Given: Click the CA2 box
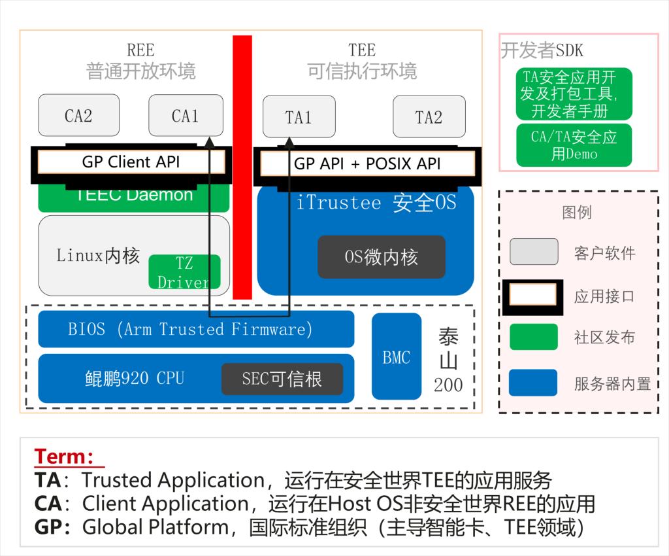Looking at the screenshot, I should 78,116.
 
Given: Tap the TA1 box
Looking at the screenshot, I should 299,117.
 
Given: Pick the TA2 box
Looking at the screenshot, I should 429,117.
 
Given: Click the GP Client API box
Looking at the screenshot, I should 131,162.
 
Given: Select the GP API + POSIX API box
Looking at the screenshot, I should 367,164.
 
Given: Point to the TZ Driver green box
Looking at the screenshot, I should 184,272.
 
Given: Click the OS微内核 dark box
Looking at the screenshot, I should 381,257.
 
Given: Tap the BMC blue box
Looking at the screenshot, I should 397,356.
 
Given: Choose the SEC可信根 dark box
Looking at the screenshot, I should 282,379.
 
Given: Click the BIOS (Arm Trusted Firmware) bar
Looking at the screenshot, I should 196,329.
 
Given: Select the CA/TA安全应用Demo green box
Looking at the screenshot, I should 574,145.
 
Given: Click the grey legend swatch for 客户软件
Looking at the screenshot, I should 534,252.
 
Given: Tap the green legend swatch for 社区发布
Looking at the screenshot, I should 534,337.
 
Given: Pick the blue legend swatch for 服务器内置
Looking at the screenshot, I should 534,383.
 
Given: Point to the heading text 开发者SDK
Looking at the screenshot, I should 542,50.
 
